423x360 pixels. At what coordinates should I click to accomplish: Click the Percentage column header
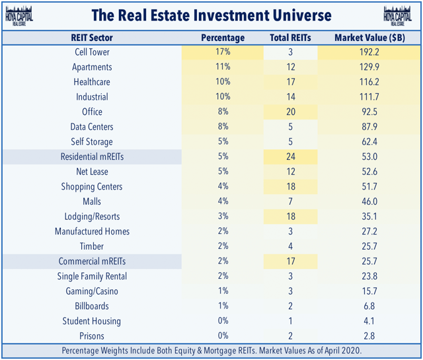coord(222,38)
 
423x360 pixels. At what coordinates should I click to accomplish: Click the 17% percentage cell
coord(222,52)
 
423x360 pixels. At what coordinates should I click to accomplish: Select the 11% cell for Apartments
coord(222,67)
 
